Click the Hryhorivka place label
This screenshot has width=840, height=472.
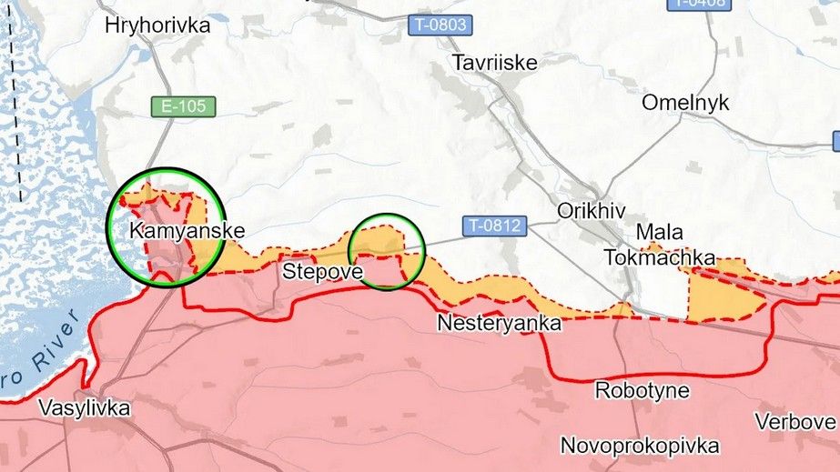coord(157,25)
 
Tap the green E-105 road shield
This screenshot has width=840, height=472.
coord(184,106)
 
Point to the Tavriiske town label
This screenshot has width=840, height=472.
coord(495,63)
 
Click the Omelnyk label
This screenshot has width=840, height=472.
coord(685,103)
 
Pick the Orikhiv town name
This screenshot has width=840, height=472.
coord(591,211)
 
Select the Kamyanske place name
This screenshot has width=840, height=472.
coord(187,231)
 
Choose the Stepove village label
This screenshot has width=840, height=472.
coord(322,271)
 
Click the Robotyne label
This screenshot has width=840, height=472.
coord(634,391)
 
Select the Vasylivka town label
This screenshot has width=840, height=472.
coord(85,408)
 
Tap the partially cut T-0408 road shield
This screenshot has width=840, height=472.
coord(702,5)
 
